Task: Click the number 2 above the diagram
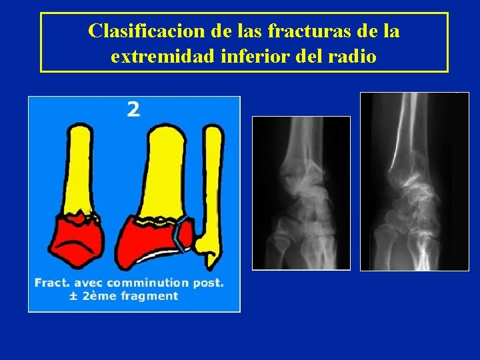pos(133,109)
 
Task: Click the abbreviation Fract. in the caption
pos(53,283)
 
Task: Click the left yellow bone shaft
pos(79,167)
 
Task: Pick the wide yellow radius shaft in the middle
pos(164,173)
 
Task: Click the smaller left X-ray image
pos(301,193)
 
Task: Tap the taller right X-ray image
pos(414,181)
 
